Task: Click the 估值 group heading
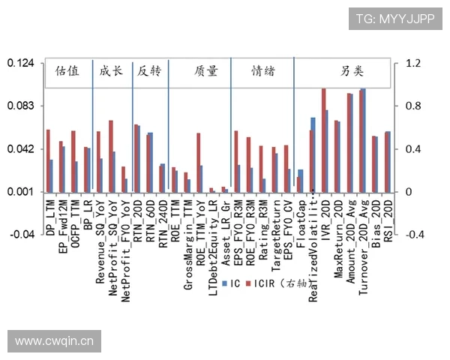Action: pyautogui.click(x=67, y=71)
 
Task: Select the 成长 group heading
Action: pyautogui.click(x=112, y=71)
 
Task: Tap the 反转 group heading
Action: pyautogui.click(x=149, y=71)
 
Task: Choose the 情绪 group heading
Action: pyautogui.click(x=262, y=71)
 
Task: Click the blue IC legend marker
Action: pyautogui.click(x=226, y=284)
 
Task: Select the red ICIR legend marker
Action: pyautogui.click(x=249, y=284)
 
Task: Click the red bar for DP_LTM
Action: pyautogui.click(x=48, y=160)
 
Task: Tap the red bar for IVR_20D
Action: pyautogui.click(x=323, y=140)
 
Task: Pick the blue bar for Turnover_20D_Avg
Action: pyautogui.click(x=364, y=140)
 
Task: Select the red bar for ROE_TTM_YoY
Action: pyautogui.click(x=199, y=162)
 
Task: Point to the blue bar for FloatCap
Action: pyautogui.click(x=301, y=181)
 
